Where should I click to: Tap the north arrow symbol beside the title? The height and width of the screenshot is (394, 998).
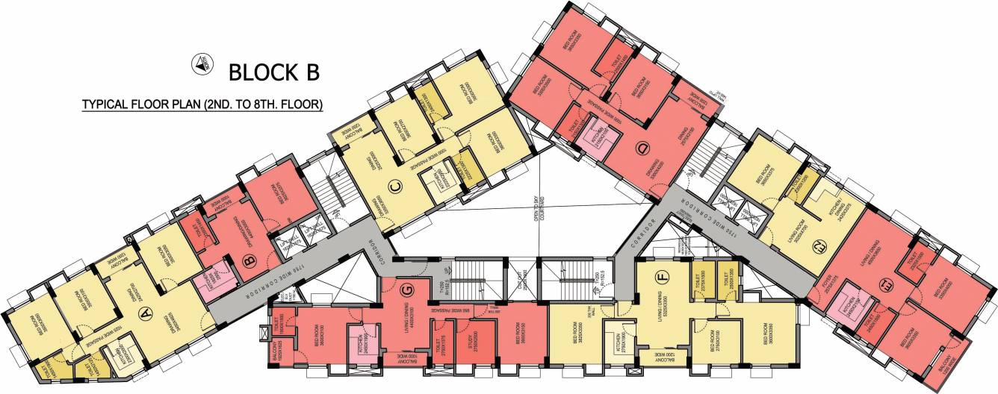pos(200,64)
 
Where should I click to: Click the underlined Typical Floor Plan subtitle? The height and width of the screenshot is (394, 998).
pos(202,105)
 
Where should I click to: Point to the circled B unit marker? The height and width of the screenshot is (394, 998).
pos(251,260)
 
